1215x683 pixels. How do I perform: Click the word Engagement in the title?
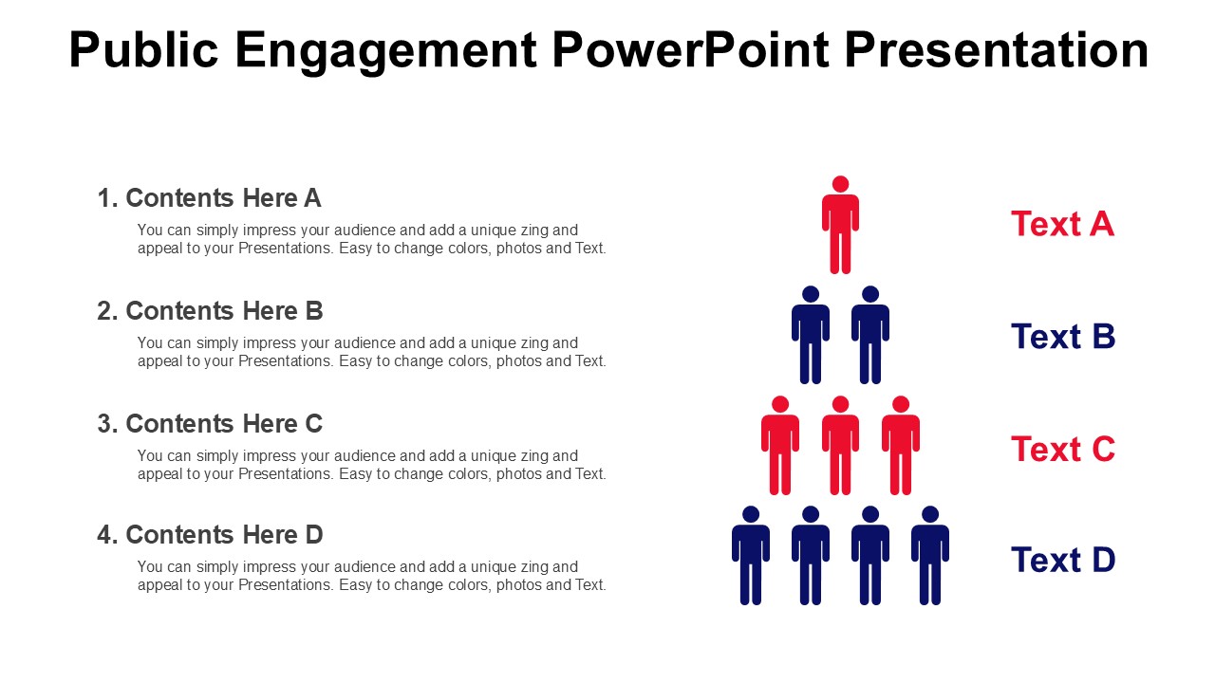coord(385,50)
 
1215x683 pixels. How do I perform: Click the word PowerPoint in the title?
coord(691,50)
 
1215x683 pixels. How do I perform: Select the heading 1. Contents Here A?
coord(210,198)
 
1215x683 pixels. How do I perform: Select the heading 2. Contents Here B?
coord(210,311)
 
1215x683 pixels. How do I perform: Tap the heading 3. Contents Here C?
coord(210,423)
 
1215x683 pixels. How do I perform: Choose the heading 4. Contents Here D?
coord(210,535)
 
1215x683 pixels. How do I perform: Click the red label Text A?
coord(1062,224)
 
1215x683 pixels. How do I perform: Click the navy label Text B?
coord(1062,337)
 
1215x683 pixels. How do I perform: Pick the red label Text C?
coord(1062,449)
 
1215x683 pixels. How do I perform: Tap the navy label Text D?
coord(1062,561)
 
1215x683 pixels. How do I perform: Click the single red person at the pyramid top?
coord(840,228)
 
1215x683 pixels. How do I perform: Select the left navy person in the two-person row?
coord(811,338)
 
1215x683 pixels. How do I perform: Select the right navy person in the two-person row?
coord(870,338)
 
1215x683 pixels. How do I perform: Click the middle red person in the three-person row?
coord(840,448)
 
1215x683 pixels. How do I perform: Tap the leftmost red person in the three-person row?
coord(780,448)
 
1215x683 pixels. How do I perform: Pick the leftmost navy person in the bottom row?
coord(751,558)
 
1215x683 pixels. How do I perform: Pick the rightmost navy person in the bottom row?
coord(930,558)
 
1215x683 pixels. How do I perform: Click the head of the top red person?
coord(840,184)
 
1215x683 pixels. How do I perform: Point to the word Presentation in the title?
coord(996,50)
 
